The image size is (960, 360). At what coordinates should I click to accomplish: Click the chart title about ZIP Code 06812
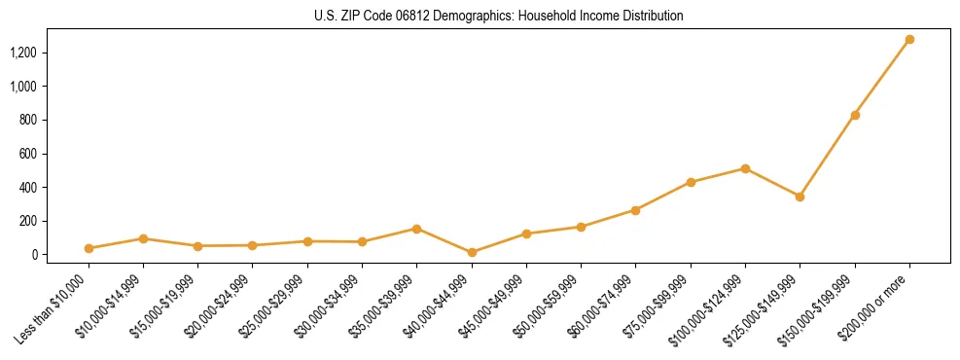point(499,17)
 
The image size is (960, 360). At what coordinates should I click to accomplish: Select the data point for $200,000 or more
point(909,40)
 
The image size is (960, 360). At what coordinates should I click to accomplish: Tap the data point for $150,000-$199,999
point(855,115)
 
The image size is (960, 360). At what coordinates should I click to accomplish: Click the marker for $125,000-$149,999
point(800,197)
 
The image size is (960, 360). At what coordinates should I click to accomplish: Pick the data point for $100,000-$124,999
point(745,168)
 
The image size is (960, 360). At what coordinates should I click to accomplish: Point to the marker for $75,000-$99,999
point(691,182)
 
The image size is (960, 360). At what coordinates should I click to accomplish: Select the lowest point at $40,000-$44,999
point(472,252)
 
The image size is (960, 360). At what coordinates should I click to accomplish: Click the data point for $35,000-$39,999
point(416,229)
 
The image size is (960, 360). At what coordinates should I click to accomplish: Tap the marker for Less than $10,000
point(89,248)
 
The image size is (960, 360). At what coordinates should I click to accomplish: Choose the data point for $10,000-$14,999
point(143,238)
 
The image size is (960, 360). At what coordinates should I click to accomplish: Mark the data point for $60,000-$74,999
point(635,210)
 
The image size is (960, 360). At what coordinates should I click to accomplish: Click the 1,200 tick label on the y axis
point(23,53)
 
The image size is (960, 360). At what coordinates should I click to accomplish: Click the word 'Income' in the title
point(588,17)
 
